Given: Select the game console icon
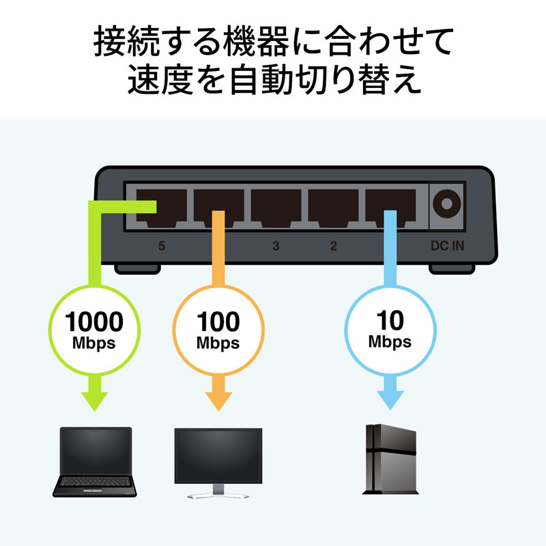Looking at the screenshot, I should (x=390, y=459).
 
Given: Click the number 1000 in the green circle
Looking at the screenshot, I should (x=94, y=321).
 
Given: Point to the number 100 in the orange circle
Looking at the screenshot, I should (x=218, y=321).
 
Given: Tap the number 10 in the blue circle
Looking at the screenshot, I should (x=390, y=321).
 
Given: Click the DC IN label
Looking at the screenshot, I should (x=447, y=246).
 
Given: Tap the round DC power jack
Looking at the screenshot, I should (x=447, y=203).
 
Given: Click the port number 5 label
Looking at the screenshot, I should (x=161, y=246).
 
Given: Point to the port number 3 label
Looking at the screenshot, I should (x=276, y=246).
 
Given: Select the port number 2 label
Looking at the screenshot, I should (x=333, y=246).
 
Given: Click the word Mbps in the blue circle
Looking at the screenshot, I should (x=390, y=341).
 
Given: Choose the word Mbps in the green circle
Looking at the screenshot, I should (x=94, y=342).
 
